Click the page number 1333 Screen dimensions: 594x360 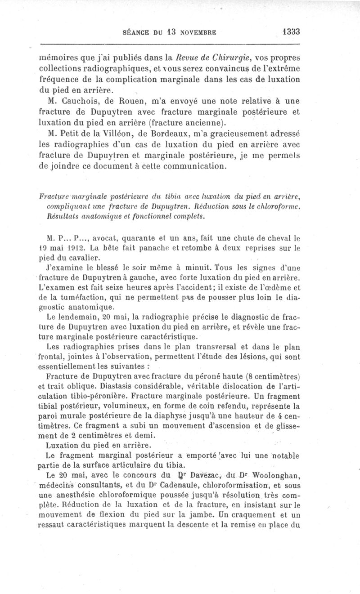click(x=291, y=32)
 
